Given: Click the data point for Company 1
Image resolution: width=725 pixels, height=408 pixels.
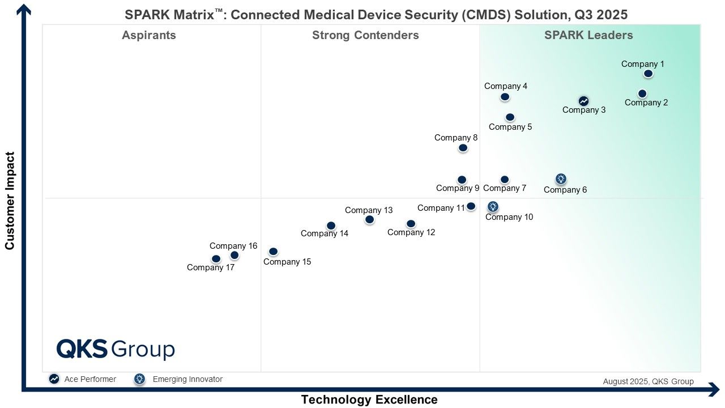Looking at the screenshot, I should tap(649, 74).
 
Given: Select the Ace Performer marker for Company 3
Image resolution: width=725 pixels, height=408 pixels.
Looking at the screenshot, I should tap(583, 101).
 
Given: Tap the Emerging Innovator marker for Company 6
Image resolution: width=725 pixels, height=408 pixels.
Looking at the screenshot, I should tap(561, 179).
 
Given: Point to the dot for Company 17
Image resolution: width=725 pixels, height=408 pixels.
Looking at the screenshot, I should tap(216, 259).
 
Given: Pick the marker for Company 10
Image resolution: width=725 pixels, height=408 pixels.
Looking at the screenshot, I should tap(493, 207).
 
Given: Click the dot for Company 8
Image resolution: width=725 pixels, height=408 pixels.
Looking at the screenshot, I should tap(463, 148).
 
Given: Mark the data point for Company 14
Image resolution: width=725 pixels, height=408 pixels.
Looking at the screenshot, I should tap(331, 226).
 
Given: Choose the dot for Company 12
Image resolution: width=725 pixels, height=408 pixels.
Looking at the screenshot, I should tap(411, 224).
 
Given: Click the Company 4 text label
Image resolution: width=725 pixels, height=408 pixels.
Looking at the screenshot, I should tap(506, 86).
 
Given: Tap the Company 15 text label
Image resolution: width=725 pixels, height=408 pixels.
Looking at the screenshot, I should tap(287, 262).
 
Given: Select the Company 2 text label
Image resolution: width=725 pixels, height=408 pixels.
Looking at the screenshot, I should tap(646, 103).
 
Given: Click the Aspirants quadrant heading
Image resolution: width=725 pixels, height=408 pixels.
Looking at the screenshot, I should tap(149, 35).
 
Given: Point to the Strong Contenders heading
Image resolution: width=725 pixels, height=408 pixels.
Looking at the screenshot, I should tap(365, 35).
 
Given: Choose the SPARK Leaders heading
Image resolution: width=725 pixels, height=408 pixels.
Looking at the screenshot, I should tap(588, 35).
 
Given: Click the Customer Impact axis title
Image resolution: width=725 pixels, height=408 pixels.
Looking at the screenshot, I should tap(10, 201).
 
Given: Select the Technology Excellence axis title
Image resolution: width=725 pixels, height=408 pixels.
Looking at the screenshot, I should tap(369, 399).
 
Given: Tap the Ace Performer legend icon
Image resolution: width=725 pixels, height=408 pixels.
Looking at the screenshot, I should tap(54, 379).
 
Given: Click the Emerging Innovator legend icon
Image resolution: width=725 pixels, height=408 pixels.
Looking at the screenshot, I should tap(139, 379).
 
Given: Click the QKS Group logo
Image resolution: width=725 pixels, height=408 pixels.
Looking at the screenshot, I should tap(116, 349).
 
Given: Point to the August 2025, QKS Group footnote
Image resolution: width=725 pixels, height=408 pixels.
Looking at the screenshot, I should tap(648, 381).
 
